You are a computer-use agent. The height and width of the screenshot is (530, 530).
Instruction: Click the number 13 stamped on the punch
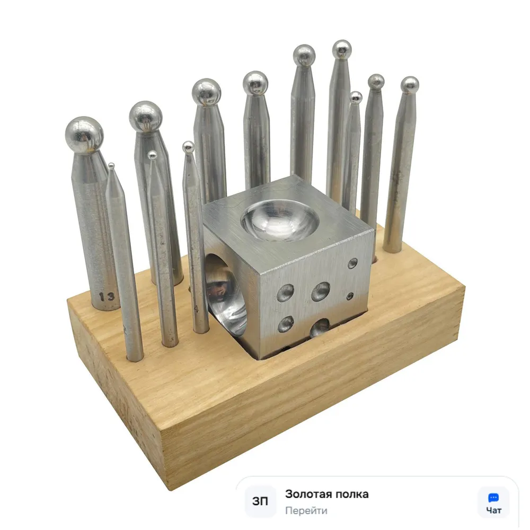click(107, 297)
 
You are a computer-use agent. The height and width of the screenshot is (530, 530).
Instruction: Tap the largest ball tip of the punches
click(84, 135)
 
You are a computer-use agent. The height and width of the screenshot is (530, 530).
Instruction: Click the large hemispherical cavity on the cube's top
click(280, 220)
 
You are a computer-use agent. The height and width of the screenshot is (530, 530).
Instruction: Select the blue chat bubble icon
click(493, 498)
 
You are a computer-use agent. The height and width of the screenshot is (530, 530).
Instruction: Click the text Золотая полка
click(327, 494)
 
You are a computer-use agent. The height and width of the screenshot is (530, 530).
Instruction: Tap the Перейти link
click(306, 510)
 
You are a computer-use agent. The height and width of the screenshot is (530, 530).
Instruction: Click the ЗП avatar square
click(260, 501)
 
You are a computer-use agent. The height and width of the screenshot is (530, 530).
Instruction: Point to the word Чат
click(493, 510)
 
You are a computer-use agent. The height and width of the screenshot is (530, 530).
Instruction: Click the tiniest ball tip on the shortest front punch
click(111, 165)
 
